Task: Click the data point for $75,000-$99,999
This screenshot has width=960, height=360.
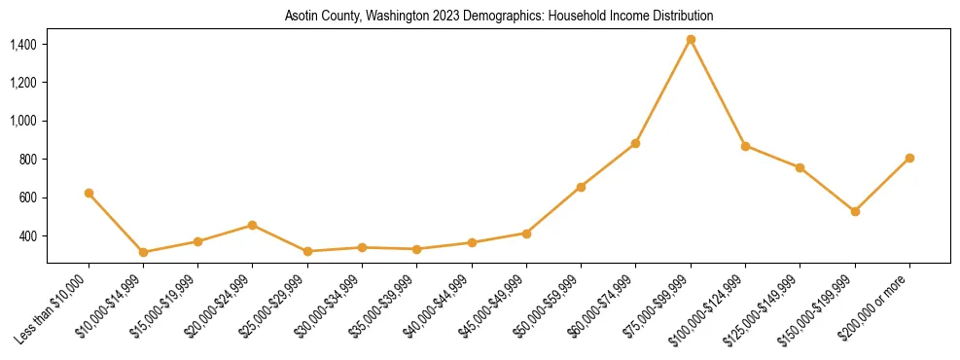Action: [691, 40]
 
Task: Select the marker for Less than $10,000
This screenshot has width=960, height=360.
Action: [89, 193]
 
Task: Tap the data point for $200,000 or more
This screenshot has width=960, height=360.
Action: [909, 158]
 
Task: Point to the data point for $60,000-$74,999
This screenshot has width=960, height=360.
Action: [636, 143]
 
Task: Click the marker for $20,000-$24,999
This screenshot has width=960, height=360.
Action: [253, 225]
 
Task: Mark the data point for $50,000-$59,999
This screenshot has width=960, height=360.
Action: [581, 187]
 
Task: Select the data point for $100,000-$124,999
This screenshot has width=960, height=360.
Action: [745, 146]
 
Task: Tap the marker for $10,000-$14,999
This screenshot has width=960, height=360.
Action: [143, 252]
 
